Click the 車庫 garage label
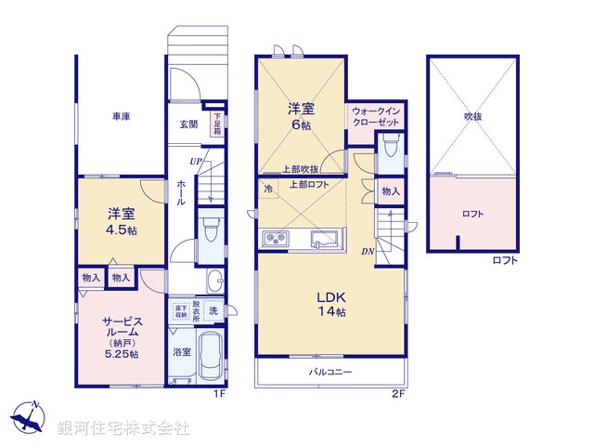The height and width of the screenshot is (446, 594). [121, 117]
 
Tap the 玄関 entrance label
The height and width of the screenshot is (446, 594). [187, 125]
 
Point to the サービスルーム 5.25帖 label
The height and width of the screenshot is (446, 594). [121, 334]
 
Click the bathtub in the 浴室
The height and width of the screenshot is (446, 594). [210, 357]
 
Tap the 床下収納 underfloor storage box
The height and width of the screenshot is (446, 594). [180, 312]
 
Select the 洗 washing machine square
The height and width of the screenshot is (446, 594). [213, 312]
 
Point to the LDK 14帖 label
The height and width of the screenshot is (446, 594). [332, 305]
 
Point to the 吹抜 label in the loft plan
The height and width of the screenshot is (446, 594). [473, 117]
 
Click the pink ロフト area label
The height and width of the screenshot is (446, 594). [473, 214]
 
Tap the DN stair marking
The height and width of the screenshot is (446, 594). [368, 252]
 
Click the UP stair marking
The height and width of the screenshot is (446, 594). [196, 162]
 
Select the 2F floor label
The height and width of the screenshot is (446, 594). [398, 394]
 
